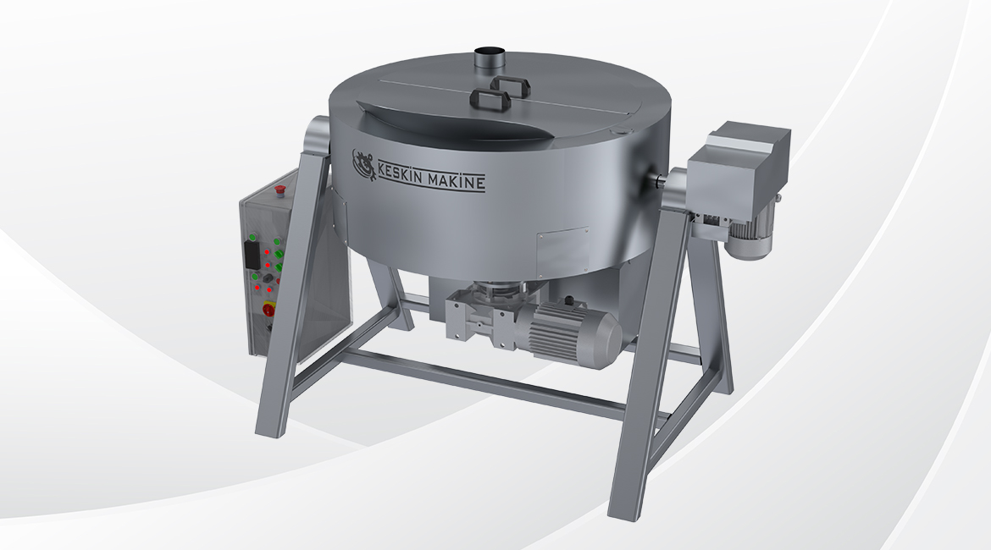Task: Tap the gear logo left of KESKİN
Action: (x=363, y=160)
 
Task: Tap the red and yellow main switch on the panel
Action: (x=269, y=308)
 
